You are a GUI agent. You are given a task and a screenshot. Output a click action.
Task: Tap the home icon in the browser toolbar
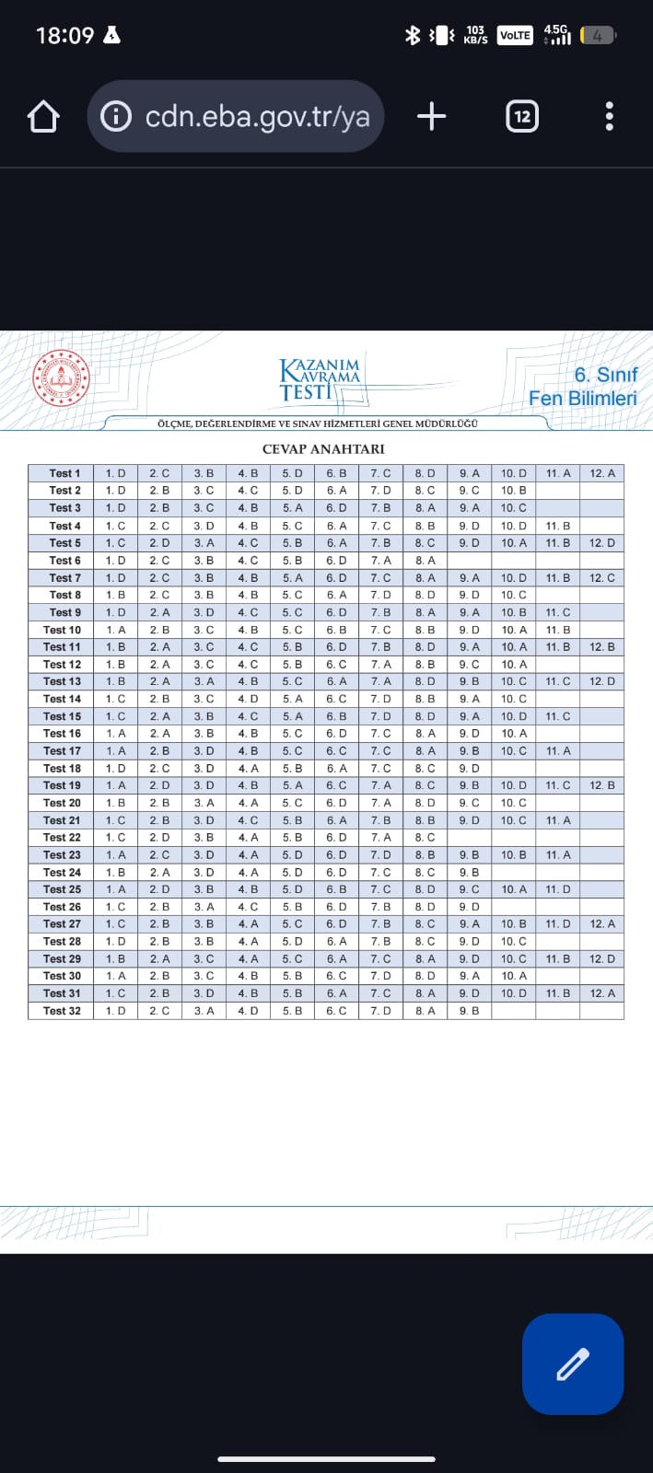pos(43,117)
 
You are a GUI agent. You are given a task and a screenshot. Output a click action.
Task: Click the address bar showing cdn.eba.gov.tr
pos(236,116)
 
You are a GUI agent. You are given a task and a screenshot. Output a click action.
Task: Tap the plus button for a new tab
pos(431,116)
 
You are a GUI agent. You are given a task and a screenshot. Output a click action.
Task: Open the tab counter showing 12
pos(522,116)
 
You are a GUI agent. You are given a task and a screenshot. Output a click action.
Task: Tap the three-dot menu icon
pos(609,116)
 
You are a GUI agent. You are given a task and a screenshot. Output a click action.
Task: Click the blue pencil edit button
pos(573,1363)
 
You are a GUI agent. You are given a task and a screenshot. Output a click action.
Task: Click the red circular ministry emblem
pos(62,377)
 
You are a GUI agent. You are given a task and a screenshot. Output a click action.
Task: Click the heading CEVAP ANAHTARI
pos(323,449)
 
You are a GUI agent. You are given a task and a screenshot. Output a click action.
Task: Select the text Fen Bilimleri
pos(582,399)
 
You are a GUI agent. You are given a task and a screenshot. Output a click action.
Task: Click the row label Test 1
pos(64,473)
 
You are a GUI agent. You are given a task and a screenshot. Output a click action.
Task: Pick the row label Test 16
pos(62,734)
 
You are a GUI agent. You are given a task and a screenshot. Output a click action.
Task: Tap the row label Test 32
pos(62,1011)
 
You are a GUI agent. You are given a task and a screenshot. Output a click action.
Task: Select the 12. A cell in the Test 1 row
pos(602,473)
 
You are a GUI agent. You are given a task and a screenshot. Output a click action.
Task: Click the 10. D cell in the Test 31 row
pos(514,993)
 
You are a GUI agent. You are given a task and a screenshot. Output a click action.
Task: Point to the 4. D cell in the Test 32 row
pos(248,1011)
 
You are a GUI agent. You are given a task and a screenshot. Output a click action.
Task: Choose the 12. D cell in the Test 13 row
pos(602,681)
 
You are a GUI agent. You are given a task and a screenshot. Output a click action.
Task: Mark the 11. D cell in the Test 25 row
pos(558,889)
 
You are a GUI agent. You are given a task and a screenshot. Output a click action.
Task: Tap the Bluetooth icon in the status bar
pos(413,35)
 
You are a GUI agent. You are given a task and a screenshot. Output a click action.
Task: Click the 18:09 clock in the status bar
pos(64,35)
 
